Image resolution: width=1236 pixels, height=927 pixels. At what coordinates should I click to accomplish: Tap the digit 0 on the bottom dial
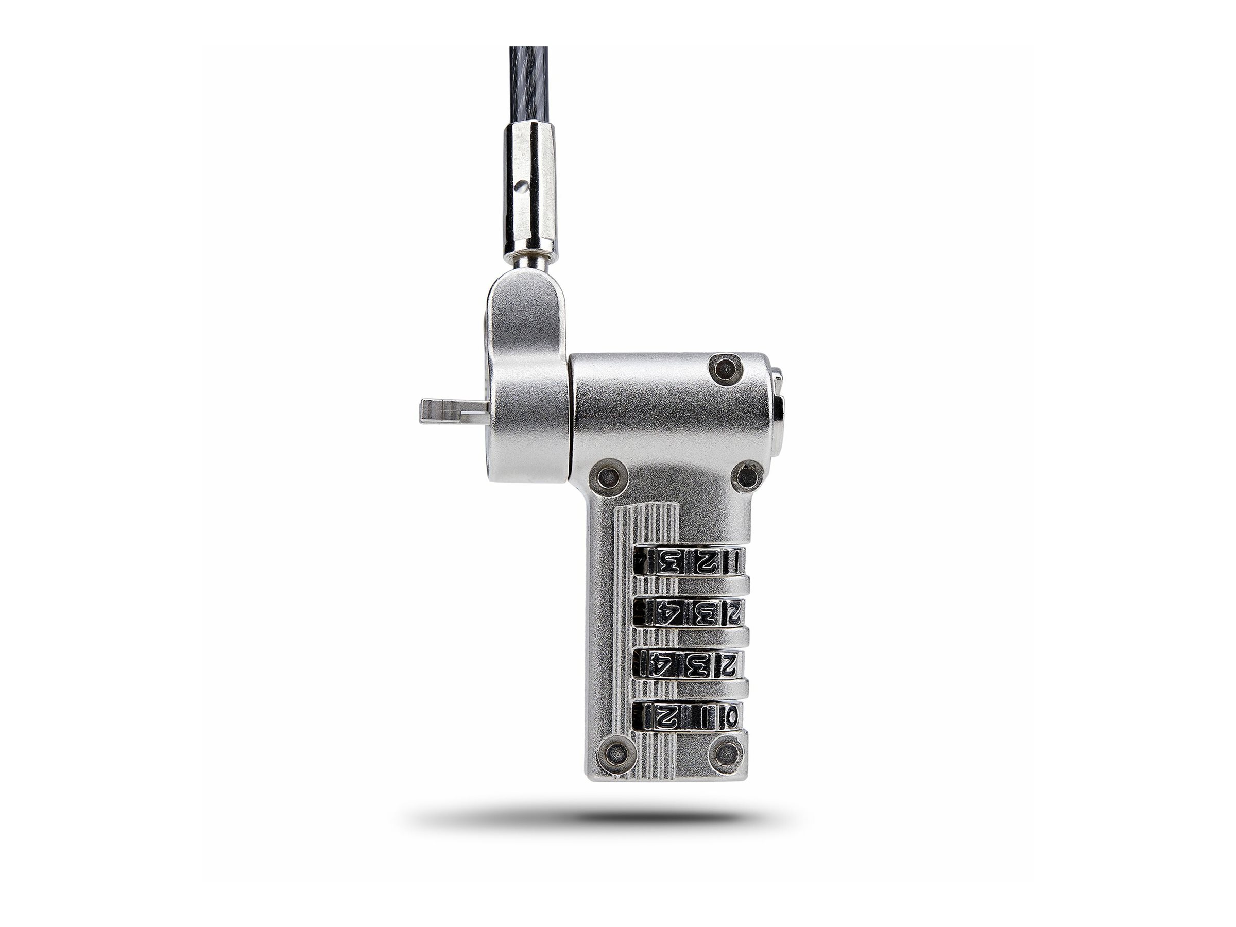coord(731,717)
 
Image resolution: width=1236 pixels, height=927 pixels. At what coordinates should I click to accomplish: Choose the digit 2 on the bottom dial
coord(667,717)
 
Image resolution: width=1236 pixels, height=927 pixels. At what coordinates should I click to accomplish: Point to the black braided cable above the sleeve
coord(528,84)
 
